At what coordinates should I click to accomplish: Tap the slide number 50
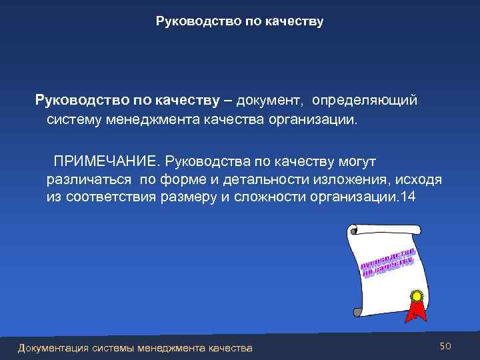(445, 346)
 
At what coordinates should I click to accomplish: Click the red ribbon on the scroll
(417, 310)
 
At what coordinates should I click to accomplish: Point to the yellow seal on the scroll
(417, 294)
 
